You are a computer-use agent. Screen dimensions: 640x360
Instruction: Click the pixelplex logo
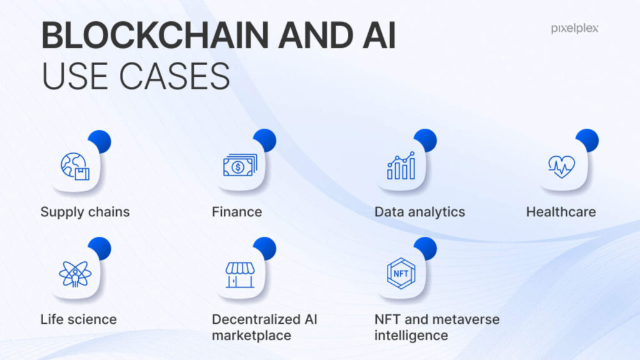tap(575, 29)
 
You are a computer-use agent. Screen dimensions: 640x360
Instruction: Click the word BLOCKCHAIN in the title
tap(156, 35)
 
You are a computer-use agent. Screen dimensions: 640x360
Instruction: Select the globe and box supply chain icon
tap(75, 166)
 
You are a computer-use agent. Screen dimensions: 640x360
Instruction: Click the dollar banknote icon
tap(240, 165)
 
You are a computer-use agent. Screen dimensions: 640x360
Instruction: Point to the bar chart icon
tap(401, 166)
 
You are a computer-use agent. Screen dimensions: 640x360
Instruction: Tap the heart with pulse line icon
tap(562, 166)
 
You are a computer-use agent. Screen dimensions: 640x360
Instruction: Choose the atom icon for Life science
tap(75, 274)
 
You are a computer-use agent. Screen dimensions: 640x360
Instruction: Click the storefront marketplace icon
tap(240, 275)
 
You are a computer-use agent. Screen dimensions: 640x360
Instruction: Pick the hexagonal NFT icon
tap(401, 274)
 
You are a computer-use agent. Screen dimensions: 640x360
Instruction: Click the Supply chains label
tap(85, 212)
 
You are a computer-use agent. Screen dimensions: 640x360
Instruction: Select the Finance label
tap(237, 212)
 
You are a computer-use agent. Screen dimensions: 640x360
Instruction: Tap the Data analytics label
tap(419, 212)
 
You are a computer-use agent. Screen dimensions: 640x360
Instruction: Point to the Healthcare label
tap(561, 212)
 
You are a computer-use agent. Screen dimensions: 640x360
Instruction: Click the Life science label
tap(78, 319)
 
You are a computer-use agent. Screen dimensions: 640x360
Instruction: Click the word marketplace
tap(251, 336)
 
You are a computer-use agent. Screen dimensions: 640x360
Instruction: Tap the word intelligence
tap(411, 336)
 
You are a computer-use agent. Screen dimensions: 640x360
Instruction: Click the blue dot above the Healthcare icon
tap(587, 141)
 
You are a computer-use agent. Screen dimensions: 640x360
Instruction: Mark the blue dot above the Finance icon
tap(265, 141)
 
